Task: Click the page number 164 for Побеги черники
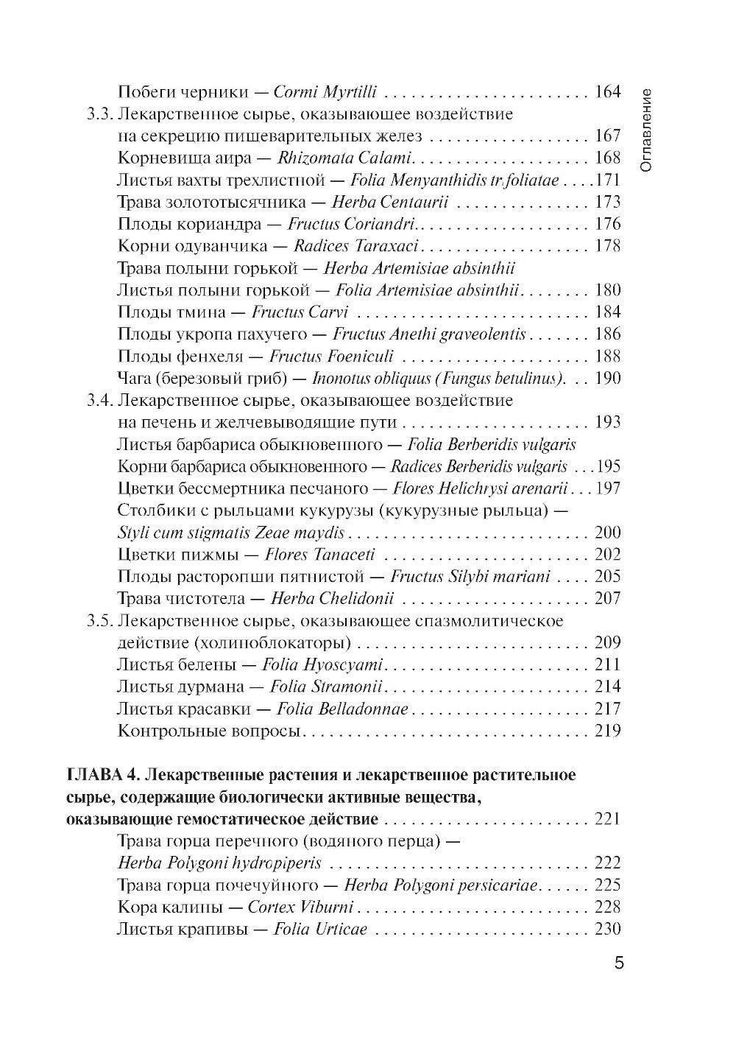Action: click(607, 92)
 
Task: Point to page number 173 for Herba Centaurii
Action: click(607, 202)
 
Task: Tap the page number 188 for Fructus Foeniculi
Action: click(607, 357)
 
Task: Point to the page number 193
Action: click(607, 422)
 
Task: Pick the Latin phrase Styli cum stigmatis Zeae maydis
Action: click(230, 533)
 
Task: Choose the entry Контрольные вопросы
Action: click(199, 731)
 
